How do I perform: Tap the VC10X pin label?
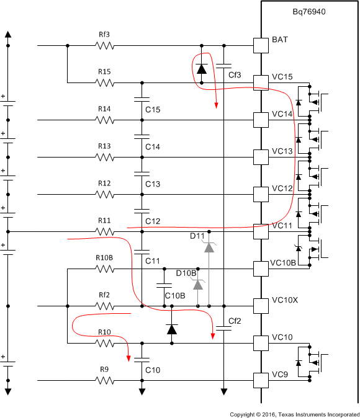click(x=285, y=300)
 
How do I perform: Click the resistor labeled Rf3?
click(x=104, y=45)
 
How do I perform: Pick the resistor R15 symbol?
click(x=104, y=82)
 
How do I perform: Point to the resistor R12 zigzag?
click(x=104, y=194)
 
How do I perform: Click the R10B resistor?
click(x=104, y=269)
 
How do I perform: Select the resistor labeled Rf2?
click(x=104, y=306)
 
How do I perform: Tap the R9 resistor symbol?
click(x=104, y=380)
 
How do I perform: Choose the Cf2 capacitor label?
click(x=234, y=321)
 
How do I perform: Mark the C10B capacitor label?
click(x=174, y=296)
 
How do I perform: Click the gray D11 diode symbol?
click(x=209, y=247)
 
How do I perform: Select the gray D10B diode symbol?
click(x=198, y=285)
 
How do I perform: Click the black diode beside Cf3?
click(x=201, y=68)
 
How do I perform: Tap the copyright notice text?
click(x=294, y=413)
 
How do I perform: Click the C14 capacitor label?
click(x=153, y=146)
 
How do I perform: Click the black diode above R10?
click(x=172, y=329)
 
